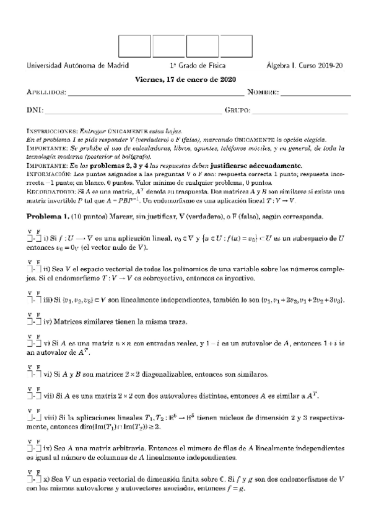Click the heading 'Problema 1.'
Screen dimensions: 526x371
pyautogui.click(x=48, y=215)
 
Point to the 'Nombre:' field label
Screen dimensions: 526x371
pyautogui.click(x=263, y=93)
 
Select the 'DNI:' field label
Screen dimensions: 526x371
pyautogui.click(x=34, y=110)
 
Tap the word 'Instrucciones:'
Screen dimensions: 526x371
pyautogui.click(x=51, y=132)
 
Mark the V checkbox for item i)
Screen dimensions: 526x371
pyautogui.click(x=29, y=238)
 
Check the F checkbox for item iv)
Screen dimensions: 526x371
pyautogui.click(x=38, y=322)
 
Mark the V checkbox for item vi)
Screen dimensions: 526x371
pyautogui.click(x=29, y=375)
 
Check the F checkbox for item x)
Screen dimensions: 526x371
pyautogui.click(x=38, y=480)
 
